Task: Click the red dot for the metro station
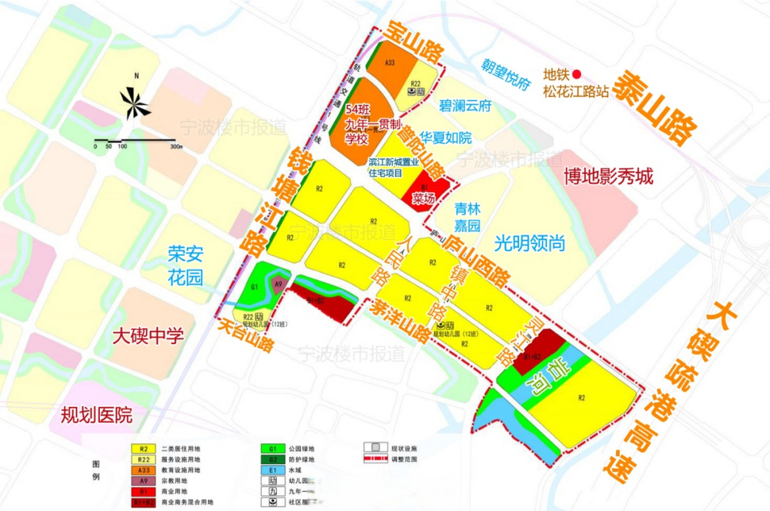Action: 577,74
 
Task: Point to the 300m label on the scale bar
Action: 176,147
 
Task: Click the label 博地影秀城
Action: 609,176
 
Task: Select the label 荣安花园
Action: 185,266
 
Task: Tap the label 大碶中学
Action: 148,336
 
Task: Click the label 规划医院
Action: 96,415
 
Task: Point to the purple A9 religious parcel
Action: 278,285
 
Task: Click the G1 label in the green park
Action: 254,287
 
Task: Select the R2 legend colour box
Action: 143,449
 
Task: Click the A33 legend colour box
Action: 143,470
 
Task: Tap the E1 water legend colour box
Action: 273,470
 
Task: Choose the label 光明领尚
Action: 530,243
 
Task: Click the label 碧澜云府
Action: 465,106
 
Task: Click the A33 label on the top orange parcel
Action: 390,63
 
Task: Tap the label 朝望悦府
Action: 505,74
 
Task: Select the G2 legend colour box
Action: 273,460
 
